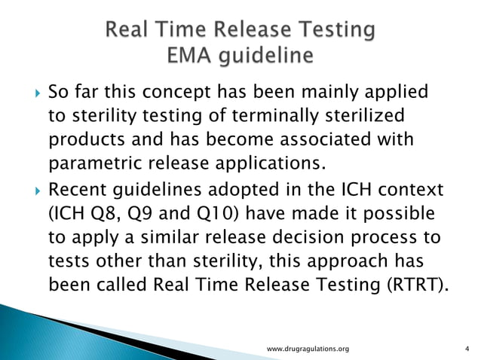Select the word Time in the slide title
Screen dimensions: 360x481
[x=191, y=31]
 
